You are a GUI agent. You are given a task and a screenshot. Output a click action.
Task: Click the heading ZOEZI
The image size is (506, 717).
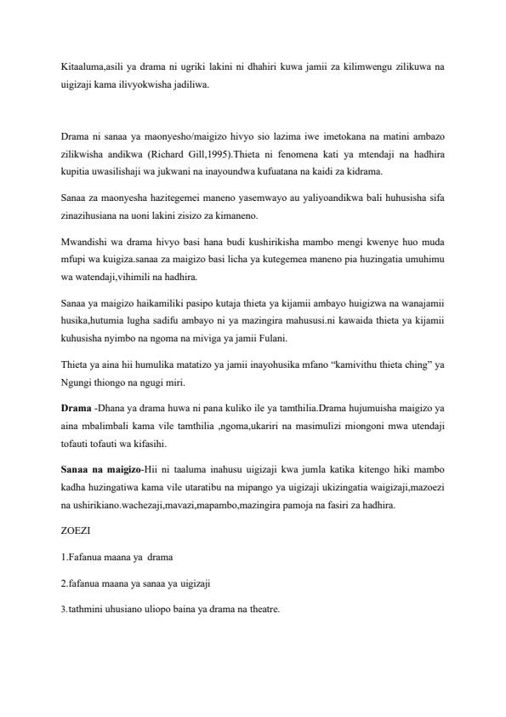76,530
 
